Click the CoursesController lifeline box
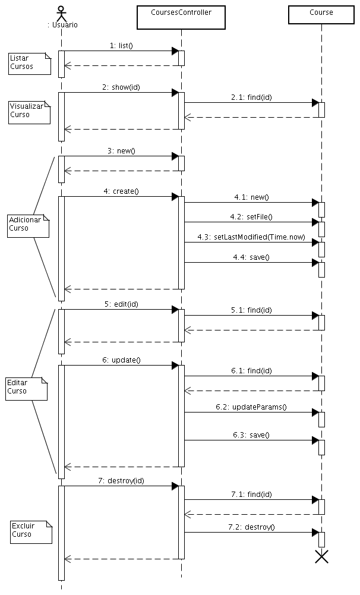point(181,17)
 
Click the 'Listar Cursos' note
point(29,62)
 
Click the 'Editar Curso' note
point(26,388)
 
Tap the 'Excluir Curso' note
point(31,531)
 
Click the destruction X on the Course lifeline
point(321,556)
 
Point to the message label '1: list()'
point(121,45)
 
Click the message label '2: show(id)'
point(121,87)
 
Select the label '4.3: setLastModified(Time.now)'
point(251,237)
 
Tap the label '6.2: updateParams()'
point(251,407)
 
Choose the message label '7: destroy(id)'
point(121,480)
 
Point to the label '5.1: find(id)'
point(251,310)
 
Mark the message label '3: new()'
point(121,150)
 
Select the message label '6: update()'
point(121,360)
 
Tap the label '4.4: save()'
point(251,257)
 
